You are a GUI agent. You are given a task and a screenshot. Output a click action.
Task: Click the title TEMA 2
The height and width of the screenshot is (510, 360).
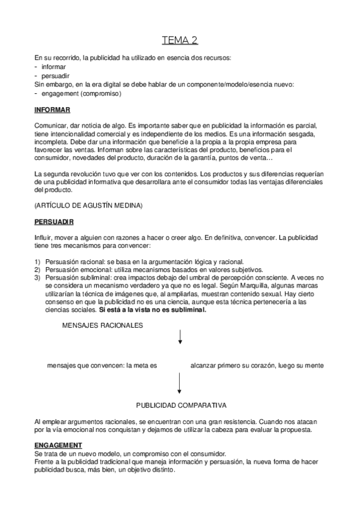point(180,41)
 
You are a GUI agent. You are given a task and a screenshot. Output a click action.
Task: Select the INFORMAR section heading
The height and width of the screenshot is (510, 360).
point(52,109)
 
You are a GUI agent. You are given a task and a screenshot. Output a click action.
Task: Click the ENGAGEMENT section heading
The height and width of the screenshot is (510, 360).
point(58,445)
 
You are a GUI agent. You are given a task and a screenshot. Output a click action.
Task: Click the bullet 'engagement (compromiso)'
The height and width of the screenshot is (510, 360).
point(81,94)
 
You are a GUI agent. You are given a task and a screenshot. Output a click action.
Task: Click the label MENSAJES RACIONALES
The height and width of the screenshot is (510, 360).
point(102,325)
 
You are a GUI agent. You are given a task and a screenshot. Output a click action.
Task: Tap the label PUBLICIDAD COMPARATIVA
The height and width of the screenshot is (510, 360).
point(180,405)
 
